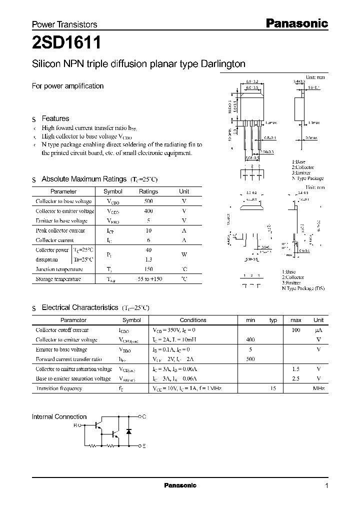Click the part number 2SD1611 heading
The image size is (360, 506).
(66, 43)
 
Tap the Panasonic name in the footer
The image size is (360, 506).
(180, 485)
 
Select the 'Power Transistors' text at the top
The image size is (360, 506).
(64, 24)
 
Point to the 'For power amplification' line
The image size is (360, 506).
(68, 86)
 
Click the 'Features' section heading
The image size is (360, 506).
(55, 118)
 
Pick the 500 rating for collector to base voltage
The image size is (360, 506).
(148, 201)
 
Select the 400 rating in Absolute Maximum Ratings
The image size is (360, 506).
(148, 211)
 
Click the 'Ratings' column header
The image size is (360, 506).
(148, 191)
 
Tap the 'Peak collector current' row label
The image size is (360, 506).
(60, 230)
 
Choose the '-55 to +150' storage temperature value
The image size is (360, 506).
(148, 279)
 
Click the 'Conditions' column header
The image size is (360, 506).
(193, 320)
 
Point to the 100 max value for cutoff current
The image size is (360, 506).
(295, 330)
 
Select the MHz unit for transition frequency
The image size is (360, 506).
(318, 388)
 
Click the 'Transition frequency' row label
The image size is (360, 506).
(59, 388)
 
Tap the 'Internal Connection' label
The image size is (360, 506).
(59, 416)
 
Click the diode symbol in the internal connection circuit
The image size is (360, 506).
(129, 430)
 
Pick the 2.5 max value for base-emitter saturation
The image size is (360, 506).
(295, 378)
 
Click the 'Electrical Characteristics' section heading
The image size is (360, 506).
(80, 307)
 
